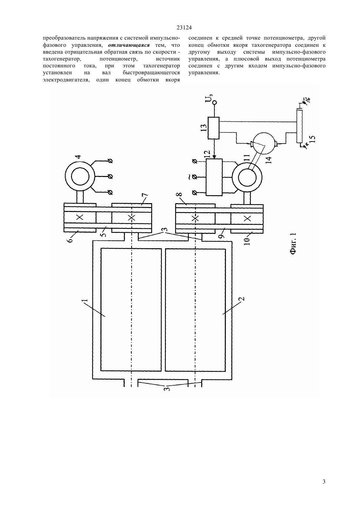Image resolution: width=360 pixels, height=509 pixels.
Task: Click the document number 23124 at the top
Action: pos(184,27)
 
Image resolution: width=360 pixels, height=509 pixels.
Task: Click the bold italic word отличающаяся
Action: pos(129,45)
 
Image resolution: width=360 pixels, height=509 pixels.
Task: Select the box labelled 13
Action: pos(214,128)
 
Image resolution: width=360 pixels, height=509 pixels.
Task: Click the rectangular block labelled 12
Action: pos(214,177)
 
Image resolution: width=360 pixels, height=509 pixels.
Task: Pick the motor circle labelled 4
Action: pos(80,176)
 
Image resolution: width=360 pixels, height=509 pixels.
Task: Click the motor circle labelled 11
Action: pos(247,178)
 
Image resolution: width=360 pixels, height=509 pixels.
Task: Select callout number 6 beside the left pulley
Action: pos(70,239)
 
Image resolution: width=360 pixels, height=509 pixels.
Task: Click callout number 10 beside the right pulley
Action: pos(248,241)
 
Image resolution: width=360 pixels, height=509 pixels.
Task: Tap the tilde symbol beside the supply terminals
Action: pos(189,177)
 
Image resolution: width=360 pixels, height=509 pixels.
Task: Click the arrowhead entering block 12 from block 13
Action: pos(214,157)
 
